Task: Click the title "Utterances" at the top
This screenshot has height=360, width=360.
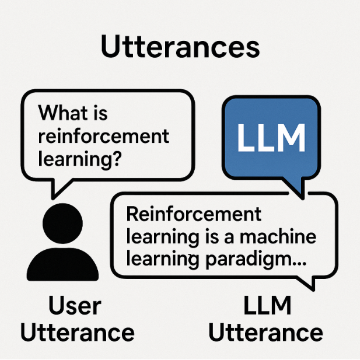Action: (180, 47)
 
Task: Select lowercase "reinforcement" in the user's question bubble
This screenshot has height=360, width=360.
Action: (103, 136)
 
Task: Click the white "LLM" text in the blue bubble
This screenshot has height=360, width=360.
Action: (271, 138)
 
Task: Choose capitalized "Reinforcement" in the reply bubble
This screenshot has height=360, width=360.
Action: (194, 214)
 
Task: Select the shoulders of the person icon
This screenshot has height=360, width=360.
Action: (63, 265)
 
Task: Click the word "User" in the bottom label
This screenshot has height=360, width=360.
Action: (75, 306)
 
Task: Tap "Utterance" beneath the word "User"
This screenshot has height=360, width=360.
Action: (77, 333)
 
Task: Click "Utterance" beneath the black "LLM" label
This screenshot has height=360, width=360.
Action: (265, 333)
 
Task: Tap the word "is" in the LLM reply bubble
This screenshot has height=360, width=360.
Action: (216, 237)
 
